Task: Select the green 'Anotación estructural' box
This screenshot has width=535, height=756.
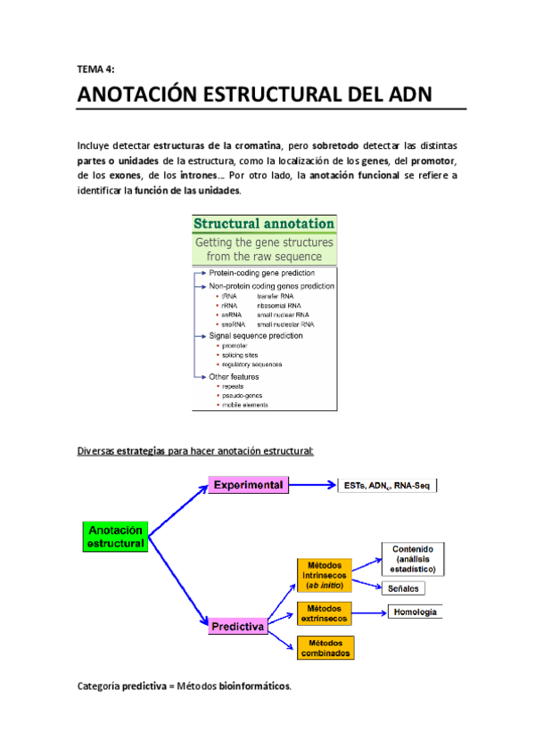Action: [x=114, y=535]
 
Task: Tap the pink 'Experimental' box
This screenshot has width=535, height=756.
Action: [x=249, y=485]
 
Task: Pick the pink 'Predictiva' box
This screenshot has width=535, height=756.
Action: [x=237, y=627]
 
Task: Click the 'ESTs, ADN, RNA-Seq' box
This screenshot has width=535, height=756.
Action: [x=387, y=486]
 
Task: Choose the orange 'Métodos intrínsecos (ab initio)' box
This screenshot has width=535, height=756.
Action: [x=325, y=575]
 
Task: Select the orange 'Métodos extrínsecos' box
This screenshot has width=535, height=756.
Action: [x=325, y=612]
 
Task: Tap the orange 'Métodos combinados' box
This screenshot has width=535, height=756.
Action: [x=325, y=648]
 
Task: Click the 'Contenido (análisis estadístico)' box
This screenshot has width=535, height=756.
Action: [x=414, y=558]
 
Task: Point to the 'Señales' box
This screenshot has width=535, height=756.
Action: [x=404, y=588]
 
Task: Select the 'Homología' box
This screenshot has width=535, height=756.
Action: [x=415, y=612]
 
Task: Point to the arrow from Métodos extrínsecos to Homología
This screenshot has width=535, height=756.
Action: [x=370, y=612]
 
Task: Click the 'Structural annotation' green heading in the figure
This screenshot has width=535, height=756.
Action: [x=265, y=224]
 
